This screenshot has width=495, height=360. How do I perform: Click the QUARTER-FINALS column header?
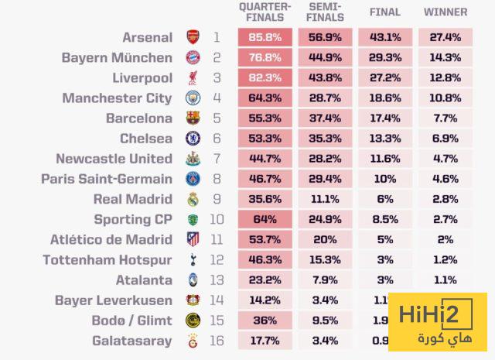point(265,12)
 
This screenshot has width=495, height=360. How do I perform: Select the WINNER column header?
point(445,12)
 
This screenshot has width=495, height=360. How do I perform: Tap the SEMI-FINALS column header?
point(326,12)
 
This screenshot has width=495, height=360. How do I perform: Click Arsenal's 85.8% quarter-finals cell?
point(265,37)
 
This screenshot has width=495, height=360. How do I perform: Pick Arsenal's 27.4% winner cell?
point(445,37)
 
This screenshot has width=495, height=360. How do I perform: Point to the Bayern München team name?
point(117,57)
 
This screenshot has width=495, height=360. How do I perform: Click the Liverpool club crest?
point(193,77)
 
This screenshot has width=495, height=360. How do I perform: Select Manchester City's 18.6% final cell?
point(385,98)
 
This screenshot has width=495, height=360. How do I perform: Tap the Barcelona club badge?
point(193,118)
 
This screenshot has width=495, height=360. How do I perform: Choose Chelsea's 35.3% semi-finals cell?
point(326,139)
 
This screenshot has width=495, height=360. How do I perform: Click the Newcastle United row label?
point(114,159)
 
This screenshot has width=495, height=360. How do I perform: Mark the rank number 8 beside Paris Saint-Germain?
point(217,179)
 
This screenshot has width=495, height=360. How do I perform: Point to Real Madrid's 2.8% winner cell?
point(445,199)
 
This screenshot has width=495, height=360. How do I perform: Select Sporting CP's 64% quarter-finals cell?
point(265,219)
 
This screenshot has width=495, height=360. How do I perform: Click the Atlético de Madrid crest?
point(193,239)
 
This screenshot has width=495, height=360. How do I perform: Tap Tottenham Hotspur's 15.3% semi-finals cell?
point(326,259)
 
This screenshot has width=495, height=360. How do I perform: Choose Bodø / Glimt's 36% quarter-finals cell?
point(265,320)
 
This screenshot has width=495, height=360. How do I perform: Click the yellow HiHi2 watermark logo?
point(437,322)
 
